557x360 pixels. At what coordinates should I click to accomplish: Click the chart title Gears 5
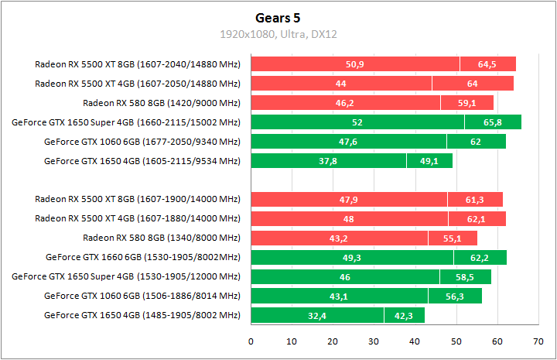[278, 17]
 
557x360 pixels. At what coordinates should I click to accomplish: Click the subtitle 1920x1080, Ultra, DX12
[278, 34]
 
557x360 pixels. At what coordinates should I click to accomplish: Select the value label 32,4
[317, 316]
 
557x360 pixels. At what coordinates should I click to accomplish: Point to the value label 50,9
[355, 64]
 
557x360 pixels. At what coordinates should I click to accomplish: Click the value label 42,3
[405, 316]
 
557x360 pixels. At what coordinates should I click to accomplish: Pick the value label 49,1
[429, 161]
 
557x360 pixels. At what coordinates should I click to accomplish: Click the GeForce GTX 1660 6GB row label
[143, 257]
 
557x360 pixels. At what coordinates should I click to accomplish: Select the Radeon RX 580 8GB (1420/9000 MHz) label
[162, 103]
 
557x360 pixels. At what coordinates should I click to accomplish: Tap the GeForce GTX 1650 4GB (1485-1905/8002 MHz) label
[142, 315]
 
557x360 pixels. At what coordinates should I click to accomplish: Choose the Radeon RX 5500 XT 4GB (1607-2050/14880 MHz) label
[138, 84]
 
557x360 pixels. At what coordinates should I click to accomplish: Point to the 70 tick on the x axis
[538, 341]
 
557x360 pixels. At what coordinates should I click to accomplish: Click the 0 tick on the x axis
[251, 341]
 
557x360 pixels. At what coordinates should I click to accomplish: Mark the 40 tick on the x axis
[415, 341]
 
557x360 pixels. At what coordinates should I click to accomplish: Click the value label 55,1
[453, 238]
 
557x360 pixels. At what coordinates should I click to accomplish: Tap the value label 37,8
[328, 161]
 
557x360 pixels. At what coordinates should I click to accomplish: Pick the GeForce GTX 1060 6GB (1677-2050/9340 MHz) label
[142, 142]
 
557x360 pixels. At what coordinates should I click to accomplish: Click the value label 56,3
[455, 297]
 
